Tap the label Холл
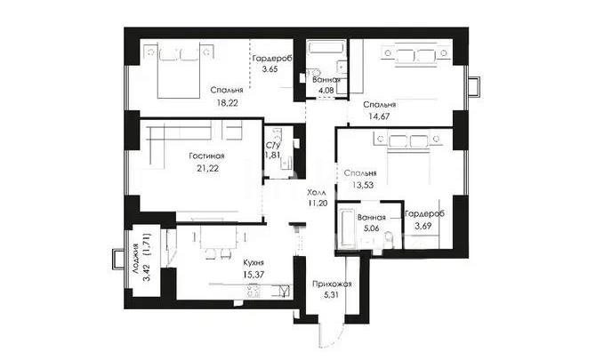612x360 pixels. [x=316, y=192]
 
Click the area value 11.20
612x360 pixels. [x=318, y=203]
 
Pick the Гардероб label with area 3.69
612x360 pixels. [x=424, y=215]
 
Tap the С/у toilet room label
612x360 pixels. [x=274, y=145]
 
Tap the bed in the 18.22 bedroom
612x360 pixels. [x=181, y=68]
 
